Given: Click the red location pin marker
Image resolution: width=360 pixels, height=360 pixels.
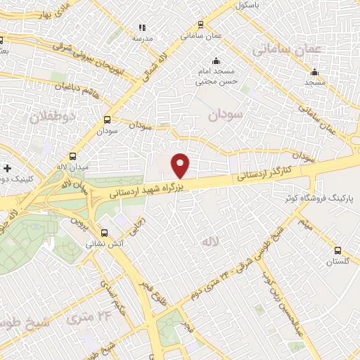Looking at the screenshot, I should point(181,166).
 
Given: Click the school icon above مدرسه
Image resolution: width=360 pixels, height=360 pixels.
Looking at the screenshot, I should point(141,28).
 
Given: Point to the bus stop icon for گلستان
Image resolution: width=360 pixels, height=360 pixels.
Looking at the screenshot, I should point(338,250).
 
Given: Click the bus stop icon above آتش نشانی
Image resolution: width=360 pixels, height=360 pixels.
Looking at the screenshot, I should point(104,233).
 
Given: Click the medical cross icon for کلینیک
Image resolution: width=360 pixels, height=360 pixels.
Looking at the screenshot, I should point(7,169).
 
